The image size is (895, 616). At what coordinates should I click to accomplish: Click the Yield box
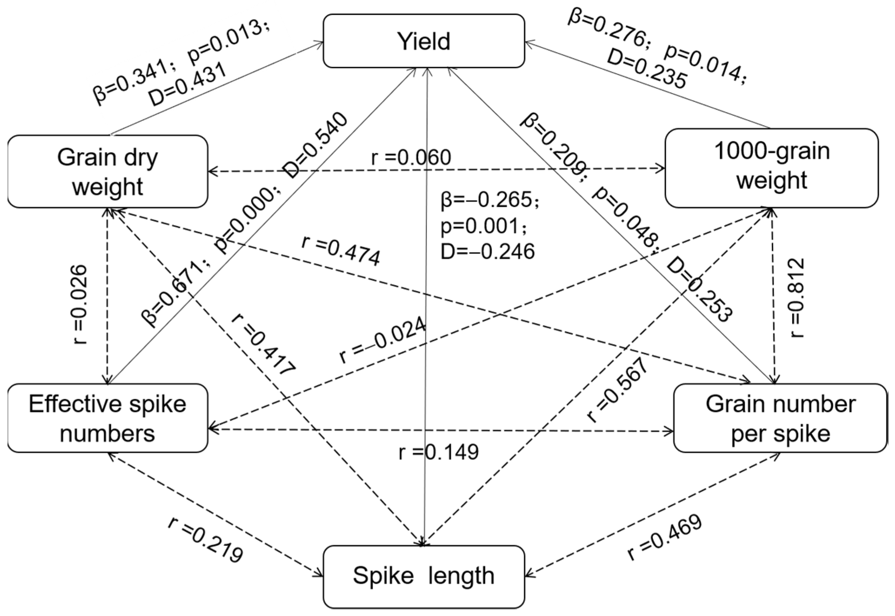423,41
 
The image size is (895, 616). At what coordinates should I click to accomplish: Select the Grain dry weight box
108,172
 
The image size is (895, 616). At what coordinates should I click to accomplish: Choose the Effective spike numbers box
108,418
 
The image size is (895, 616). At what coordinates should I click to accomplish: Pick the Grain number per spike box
780,418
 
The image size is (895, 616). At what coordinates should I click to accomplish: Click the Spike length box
423,576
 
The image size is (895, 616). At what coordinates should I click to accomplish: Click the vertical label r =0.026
80,304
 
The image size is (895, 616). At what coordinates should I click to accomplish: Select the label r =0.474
341,252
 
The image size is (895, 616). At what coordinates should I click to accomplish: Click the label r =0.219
206,540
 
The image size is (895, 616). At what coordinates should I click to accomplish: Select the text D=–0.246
488,252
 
